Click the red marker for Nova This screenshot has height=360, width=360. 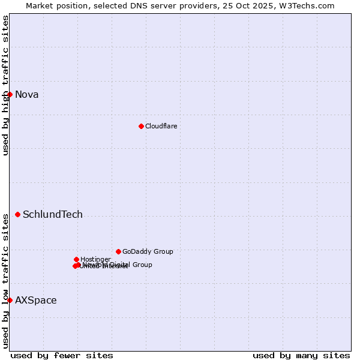[x=10, y=94]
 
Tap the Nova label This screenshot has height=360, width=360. [x=26, y=94]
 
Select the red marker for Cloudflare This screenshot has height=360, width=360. [x=141, y=126]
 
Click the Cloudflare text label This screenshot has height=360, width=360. [x=161, y=126]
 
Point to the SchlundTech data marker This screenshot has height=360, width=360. [x=17, y=214]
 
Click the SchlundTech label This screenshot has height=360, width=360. [x=53, y=214]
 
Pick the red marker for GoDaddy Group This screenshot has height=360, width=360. [x=118, y=251]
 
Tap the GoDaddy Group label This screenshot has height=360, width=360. [x=148, y=251]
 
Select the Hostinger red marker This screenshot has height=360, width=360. [x=76, y=259]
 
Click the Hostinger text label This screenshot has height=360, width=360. [x=95, y=259]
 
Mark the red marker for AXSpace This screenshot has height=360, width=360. [x=10, y=300]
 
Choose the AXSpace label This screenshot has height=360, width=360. [x=36, y=300]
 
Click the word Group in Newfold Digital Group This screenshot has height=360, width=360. [x=142, y=265]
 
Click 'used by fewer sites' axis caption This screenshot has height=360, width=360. [x=62, y=355]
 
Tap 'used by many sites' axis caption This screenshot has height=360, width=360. [x=301, y=355]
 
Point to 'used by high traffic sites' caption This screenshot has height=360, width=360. [x=5, y=85]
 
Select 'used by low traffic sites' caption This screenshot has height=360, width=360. [x=5, y=280]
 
